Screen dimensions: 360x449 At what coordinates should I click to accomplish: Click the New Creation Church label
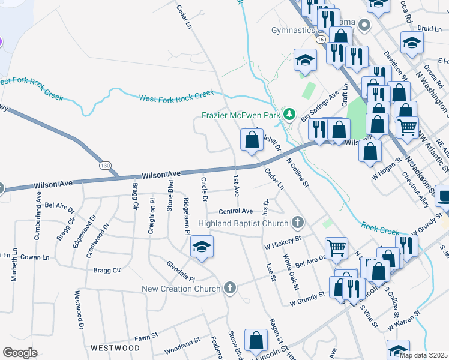pyautogui.click(x=181, y=289)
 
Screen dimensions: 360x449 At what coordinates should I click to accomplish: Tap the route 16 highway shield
pyautogui.click(x=321, y=39)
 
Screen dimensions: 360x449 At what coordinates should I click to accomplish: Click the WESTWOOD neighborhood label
pyautogui.click(x=115, y=348)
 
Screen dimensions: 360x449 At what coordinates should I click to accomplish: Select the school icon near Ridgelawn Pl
pyautogui.click(x=202, y=246)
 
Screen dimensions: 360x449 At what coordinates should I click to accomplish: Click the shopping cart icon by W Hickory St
pyautogui.click(x=336, y=246)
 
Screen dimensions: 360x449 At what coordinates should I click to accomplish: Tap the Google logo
pyautogui.click(x=20, y=353)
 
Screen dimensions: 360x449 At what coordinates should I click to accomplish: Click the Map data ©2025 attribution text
pyautogui.click(x=424, y=355)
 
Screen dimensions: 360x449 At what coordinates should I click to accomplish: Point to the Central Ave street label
pyautogui.click(x=235, y=211)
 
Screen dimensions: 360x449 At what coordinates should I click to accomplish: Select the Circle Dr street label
pyautogui.click(x=205, y=189)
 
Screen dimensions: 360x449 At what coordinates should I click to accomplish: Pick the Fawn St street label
pyautogui.click(x=145, y=338)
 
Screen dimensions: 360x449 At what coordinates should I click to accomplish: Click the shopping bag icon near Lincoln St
pyautogui.click(x=256, y=340)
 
